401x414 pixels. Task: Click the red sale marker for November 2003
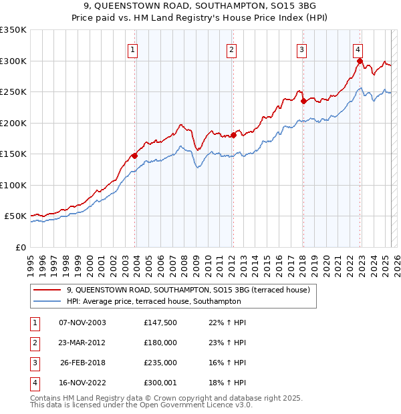[x=134, y=156]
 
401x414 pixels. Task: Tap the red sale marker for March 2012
[x=233, y=136]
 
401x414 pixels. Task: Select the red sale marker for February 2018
[x=303, y=101]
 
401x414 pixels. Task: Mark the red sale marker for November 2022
[x=360, y=61]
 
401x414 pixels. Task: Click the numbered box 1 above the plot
[x=132, y=49]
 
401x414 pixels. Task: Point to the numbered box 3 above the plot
[x=301, y=49]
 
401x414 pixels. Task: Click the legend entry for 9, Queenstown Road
[x=188, y=290]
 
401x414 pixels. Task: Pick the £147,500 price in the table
[x=160, y=323]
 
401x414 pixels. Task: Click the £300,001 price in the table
[x=160, y=383]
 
